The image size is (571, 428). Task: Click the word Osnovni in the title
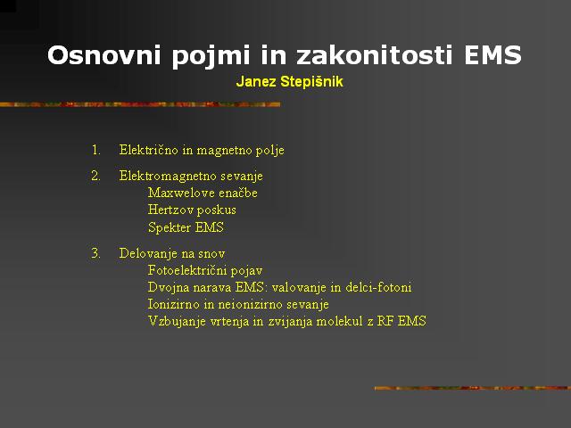click(104, 55)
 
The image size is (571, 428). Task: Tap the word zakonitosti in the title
click(375, 55)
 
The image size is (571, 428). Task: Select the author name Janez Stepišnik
click(289, 81)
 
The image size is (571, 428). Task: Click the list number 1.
click(95, 150)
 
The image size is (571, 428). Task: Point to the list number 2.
click(95, 177)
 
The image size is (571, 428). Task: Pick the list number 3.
click(95, 253)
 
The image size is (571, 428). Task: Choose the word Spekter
click(170, 228)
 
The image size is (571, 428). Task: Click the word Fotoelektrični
click(187, 270)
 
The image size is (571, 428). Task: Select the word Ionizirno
click(174, 304)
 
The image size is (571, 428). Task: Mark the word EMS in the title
click(493, 55)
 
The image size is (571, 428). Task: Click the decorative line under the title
click(140, 104)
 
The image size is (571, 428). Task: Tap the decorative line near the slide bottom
click(473, 388)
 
